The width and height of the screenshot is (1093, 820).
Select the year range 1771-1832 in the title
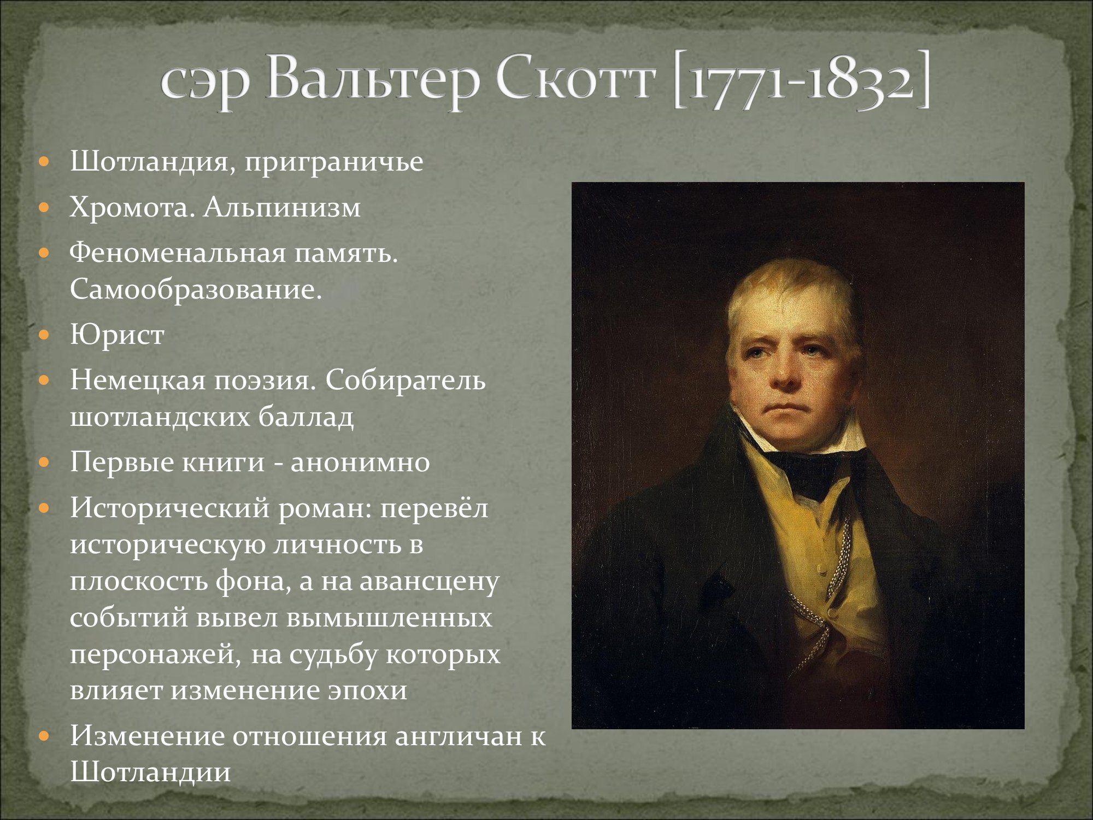click(801, 82)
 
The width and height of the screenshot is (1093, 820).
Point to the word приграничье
click(333, 162)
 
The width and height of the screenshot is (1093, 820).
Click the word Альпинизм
click(282, 207)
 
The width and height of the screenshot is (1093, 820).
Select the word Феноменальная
click(178, 253)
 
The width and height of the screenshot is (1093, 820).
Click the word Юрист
click(117, 335)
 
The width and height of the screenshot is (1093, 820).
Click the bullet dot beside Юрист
click(45, 335)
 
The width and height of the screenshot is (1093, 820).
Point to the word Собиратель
click(405, 380)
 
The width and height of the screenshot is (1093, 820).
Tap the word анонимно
click(360, 462)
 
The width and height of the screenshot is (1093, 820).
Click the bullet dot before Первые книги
click(45, 462)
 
